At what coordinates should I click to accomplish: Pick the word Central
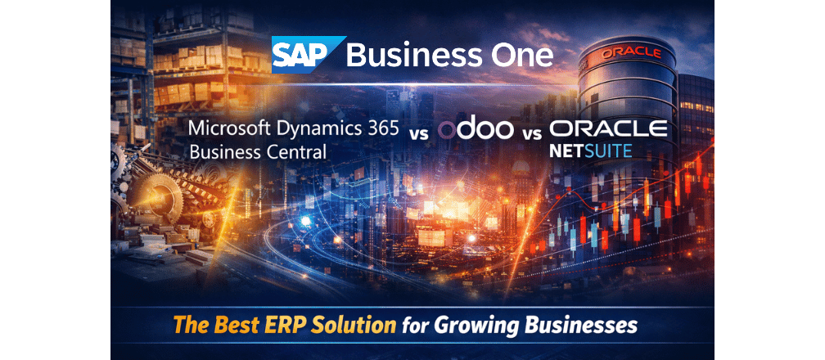click(x=291, y=152)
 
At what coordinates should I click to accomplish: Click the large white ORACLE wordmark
click(x=609, y=128)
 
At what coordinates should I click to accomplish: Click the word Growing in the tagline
click(x=472, y=326)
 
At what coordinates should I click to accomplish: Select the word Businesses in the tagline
click(x=580, y=325)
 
